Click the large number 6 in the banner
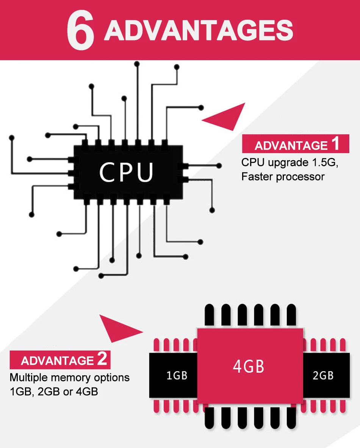80,30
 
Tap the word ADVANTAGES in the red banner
199,31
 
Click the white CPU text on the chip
126,172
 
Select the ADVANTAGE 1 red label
295,144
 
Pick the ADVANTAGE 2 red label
60,360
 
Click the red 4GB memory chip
250,366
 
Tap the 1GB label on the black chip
177,375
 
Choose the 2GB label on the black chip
323,375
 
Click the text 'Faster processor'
283,176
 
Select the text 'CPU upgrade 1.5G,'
290,162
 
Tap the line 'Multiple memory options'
69,378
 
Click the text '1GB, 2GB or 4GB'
54,392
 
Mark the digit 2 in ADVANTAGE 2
102,358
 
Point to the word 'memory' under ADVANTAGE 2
71,378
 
